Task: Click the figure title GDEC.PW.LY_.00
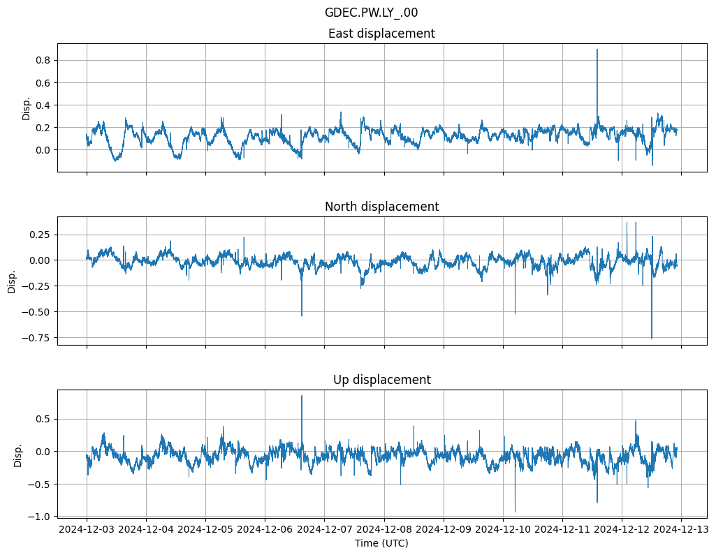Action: pyautogui.click(x=371, y=13)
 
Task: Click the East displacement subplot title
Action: pyautogui.click(x=381, y=34)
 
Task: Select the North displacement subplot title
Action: pyautogui.click(x=381, y=207)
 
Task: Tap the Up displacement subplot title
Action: pyautogui.click(x=381, y=380)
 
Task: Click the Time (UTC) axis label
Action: pyautogui.click(x=381, y=542)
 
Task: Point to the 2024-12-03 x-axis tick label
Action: pyautogui.click(x=87, y=529)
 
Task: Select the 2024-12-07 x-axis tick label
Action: pyautogui.click(x=325, y=529)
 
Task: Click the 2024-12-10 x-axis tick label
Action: pyautogui.click(x=503, y=529)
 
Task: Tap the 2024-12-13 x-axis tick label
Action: pyautogui.click(x=681, y=529)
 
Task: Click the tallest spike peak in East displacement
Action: pyautogui.click(x=597, y=49)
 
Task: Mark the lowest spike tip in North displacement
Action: pyautogui.click(x=652, y=339)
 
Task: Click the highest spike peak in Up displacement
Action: pyautogui.click(x=302, y=396)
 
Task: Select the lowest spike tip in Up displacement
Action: pyautogui.click(x=516, y=512)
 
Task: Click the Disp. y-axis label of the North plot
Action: pyautogui.click(x=13, y=281)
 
